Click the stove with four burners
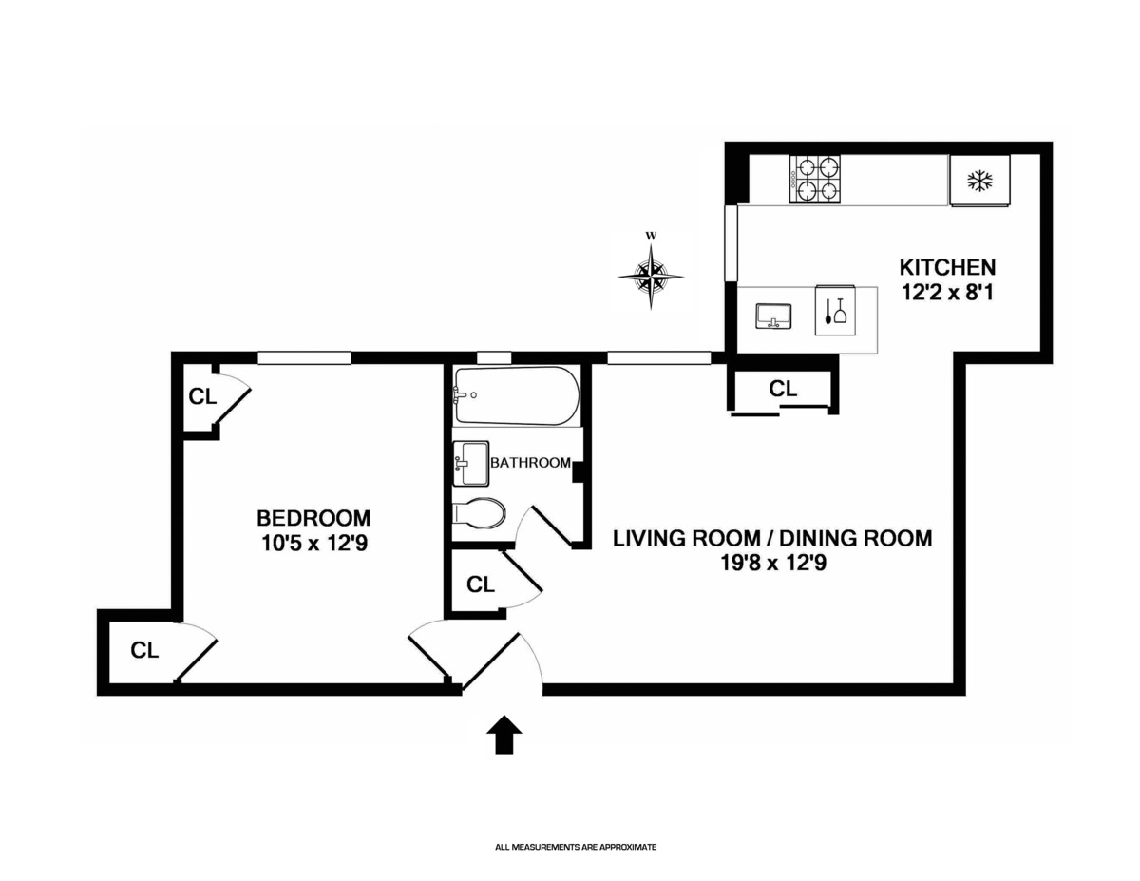tap(814, 180)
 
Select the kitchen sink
tap(773, 316)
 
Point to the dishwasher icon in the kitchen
tap(835, 311)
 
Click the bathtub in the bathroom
tap(517, 395)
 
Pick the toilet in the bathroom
tap(479, 512)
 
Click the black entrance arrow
tap(504, 734)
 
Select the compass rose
tap(651, 276)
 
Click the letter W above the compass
tap(651, 236)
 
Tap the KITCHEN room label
tap(947, 268)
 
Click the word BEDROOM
tap(313, 518)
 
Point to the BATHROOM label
tap(530, 463)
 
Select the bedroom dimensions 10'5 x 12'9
tap(313, 544)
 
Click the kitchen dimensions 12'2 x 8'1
tap(947, 293)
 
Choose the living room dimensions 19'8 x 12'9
tap(773, 564)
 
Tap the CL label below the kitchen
tap(783, 389)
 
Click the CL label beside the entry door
tap(481, 584)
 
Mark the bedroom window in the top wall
tap(304, 358)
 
